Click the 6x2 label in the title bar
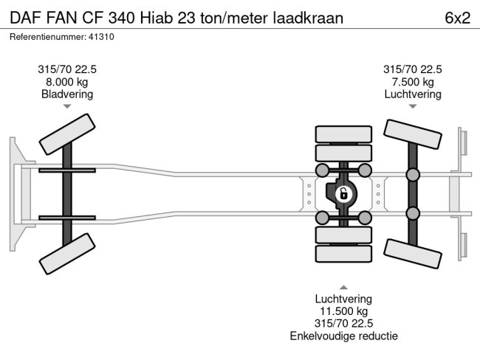[457, 18]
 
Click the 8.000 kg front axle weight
[67, 82]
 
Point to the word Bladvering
[67, 94]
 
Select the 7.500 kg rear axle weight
[412, 82]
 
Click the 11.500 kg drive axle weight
[343, 311]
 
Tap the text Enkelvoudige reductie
[343, 336]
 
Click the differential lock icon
[343, 194]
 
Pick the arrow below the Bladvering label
[67, 107]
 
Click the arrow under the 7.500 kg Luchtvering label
[412, 107]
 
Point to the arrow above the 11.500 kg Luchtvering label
[343, 286]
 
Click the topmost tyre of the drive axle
[343, 134]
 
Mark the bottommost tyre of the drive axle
[343, 255]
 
